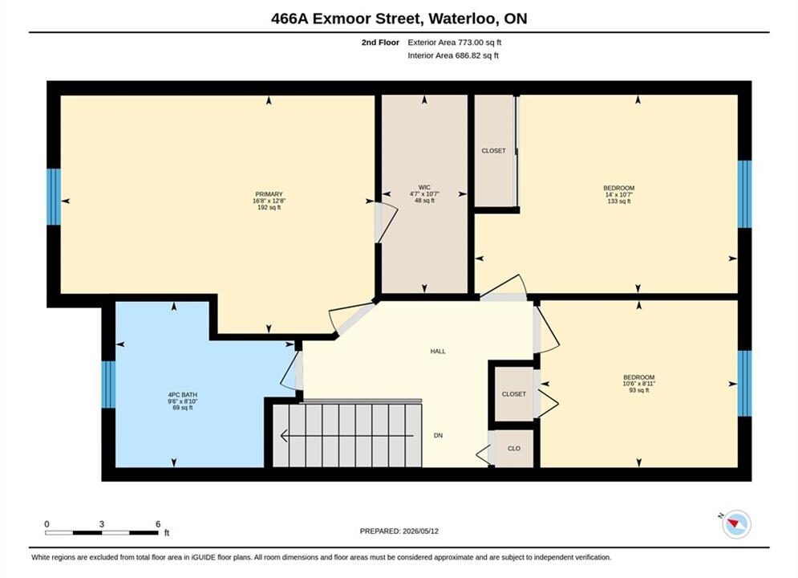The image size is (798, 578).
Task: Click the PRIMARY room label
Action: coord(269,194)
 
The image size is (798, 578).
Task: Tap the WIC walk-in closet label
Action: coord(424,187)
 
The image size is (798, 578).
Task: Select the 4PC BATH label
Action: coord(183,395)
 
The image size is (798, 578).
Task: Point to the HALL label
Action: coord(438,351)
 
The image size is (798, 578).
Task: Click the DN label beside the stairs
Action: coord(438,435)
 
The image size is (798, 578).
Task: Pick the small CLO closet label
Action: coord(514,449)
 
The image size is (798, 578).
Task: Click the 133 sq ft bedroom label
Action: coord(619,188)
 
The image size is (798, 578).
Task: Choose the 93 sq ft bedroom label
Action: coord(638,377)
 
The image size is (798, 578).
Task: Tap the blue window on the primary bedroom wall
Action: coord(54,197)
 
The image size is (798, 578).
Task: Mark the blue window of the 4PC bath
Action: coord(108,385)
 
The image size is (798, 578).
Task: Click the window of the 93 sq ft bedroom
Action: coord(744,383)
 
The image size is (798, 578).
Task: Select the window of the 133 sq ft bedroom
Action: coord(744,194)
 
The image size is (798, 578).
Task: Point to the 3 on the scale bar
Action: coord(102,524)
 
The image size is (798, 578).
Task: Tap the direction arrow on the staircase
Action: coord(347,436)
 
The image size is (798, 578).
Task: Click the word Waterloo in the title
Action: coord(462,18)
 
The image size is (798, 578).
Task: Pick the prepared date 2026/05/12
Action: coord(420,531)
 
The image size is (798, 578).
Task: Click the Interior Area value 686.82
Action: coord(468,55)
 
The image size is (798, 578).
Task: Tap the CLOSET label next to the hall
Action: coord(514,394)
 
